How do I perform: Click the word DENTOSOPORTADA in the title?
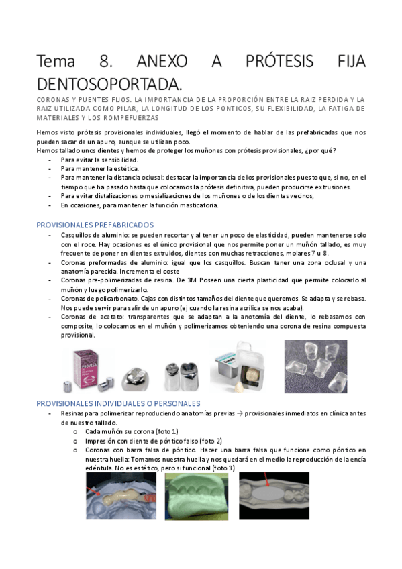coord(109,85)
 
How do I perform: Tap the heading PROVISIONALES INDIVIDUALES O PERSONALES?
coord(118,403)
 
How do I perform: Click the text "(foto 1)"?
coord(166,431)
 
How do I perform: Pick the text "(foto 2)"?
coord(210,440)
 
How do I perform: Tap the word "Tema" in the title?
coord(58,62)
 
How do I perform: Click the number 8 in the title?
coord(106,62)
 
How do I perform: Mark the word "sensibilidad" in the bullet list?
coord(118,160)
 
